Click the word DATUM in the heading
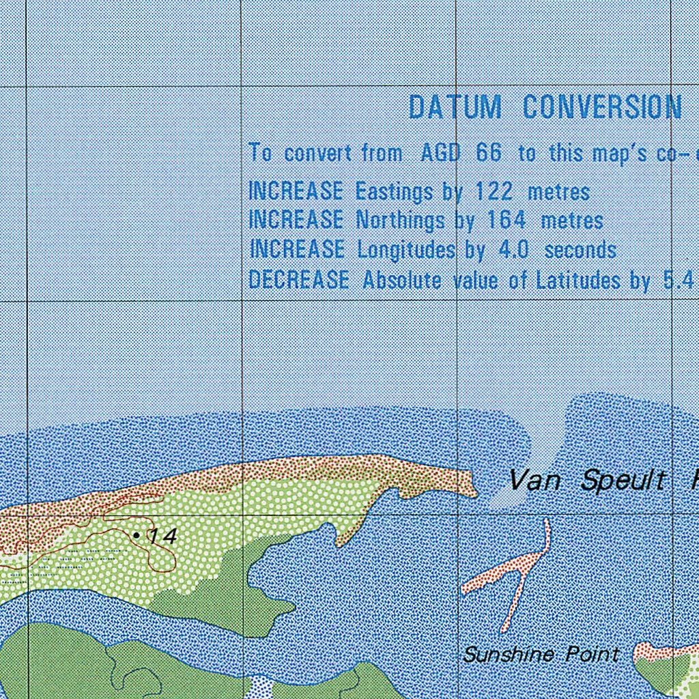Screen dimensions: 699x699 (455, 108)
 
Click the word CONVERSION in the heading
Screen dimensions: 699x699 (602, 108)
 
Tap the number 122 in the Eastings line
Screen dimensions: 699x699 (494, 191)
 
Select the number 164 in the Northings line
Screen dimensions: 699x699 (506, 220)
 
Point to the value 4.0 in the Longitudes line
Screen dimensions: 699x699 (513, 250)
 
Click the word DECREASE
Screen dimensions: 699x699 (298, 280)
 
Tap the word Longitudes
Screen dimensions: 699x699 (405, 251)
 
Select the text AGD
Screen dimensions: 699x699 (440, 153)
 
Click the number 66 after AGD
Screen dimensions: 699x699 (488, 153)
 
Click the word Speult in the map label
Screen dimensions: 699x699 (623, 481)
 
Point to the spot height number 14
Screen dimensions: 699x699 (163, 537)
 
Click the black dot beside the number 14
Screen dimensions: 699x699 (137, 536)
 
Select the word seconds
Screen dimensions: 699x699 (580, 250)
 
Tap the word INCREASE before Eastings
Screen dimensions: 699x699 (296, 191)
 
